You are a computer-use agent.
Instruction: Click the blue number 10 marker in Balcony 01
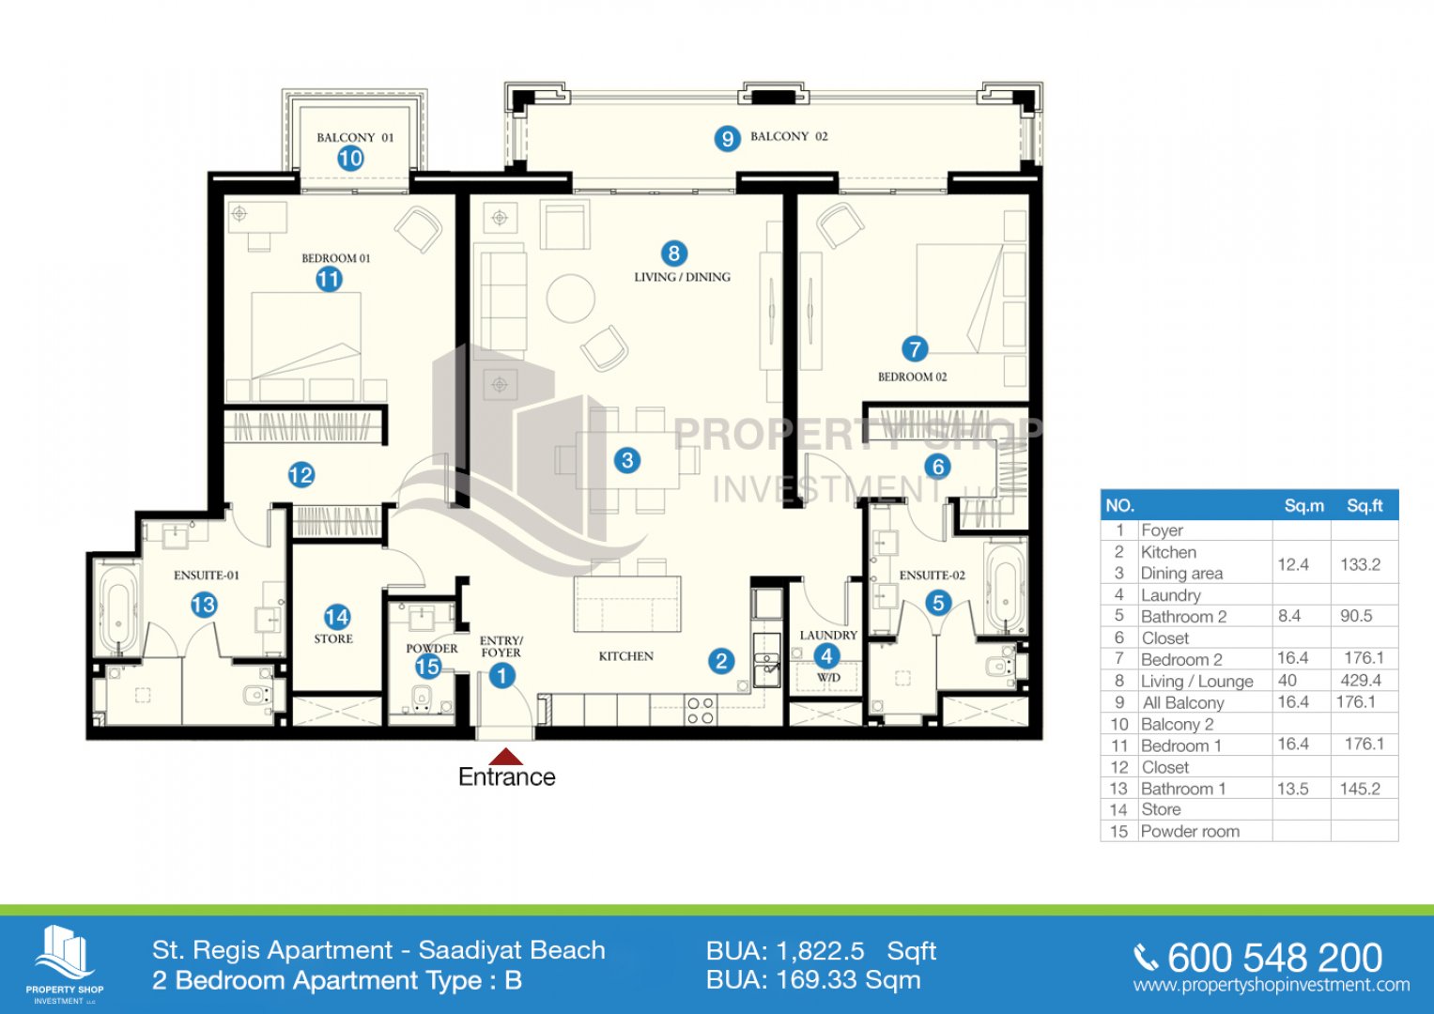[351, 158]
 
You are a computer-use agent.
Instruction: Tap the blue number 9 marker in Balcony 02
[727, 138]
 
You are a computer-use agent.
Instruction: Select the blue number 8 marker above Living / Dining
[673, 253]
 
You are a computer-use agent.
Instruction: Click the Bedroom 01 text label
[336, 258]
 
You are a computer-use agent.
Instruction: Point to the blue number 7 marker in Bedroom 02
[915, 349]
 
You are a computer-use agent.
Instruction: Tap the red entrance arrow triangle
[506, 757]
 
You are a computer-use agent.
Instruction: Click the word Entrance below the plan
[507, 777]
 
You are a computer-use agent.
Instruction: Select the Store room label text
[333, 638]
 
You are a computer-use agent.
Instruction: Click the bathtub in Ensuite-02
[1005, 589]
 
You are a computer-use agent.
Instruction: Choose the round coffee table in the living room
[570, 299]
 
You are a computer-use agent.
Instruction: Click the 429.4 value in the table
[1361, 681]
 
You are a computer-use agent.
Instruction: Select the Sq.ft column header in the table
[1365, 506]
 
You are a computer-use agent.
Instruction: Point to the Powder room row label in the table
[1190, 831]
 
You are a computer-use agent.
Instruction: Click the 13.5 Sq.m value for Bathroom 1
[1292, 789]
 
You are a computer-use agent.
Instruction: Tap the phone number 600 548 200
[1274, 958]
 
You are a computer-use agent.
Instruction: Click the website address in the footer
[1272, 985]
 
